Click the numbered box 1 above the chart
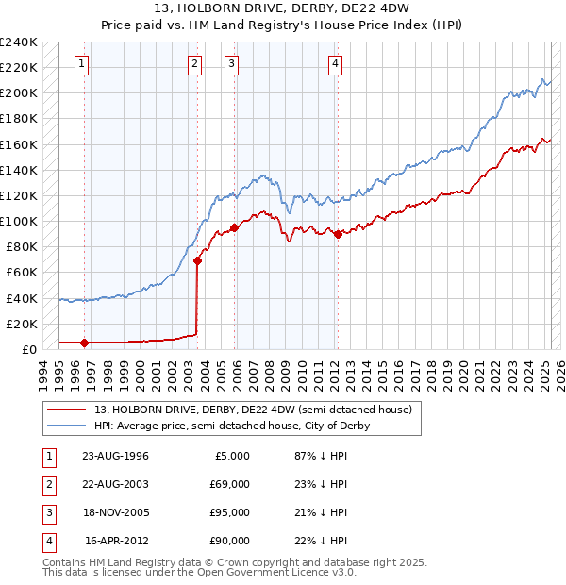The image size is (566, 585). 82,64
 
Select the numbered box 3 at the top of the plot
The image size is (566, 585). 231,64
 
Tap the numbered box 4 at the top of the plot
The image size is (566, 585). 335,64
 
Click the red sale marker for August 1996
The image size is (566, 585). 84,343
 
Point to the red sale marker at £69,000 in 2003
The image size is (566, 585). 197,260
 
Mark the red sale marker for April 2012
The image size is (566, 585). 338,234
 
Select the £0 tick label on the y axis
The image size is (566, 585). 28,349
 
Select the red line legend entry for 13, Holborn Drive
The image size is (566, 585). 254,410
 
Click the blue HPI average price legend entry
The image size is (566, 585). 232,426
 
